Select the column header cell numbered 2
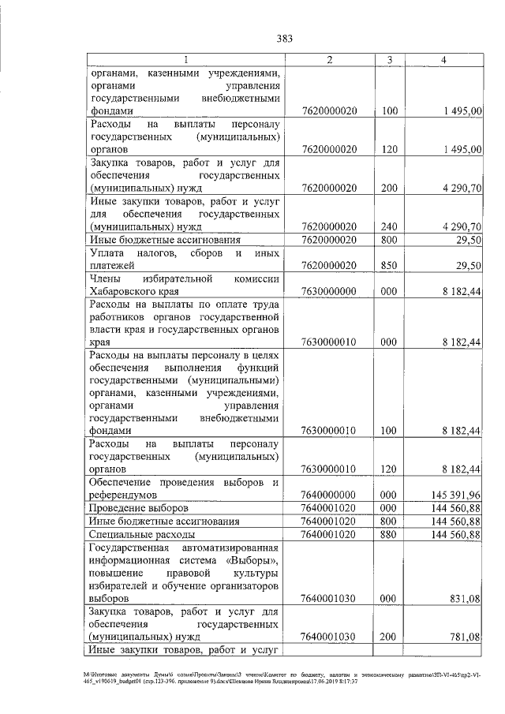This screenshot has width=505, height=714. pyautogui.click(x=329, y=60)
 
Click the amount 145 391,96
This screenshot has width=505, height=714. pyautogui.click(x=453, y=495)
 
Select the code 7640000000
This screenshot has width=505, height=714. pyautogui.click(x=329, y=495)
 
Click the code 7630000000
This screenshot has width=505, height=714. pyautogui.click(x=329, y=291)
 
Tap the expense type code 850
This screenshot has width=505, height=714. pyautogui.click(x=388, y=266)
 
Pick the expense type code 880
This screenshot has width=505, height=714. pyautogui.click(x=388, y=535)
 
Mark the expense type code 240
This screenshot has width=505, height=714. pyautogui.click(x=388, y=226)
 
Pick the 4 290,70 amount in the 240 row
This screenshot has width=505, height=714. pyautogui.click(x=458, y=226)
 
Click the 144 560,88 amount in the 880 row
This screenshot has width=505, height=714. pyautogui.click(x=453, y=535)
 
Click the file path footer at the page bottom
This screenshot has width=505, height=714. pyautogui.click(x=252, y=677)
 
